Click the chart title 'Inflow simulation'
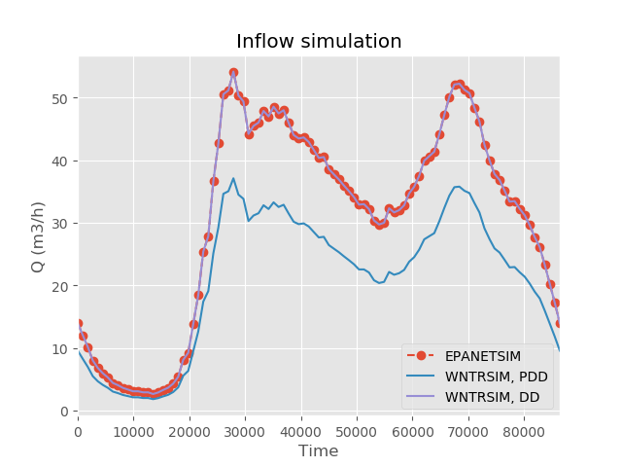[x=319, y=42]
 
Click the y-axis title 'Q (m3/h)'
[x=38, y=235]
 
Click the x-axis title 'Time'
[x=319, y=451]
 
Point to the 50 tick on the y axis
[x=63, y=98]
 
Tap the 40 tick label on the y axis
[x=63, y=161]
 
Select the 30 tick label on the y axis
[x=63, y=224]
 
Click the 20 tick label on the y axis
[x=63, y=286]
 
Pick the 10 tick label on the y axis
[x=63, y=348]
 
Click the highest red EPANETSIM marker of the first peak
[x=233, y=72]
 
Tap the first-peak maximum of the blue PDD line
[x=233, y=178]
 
